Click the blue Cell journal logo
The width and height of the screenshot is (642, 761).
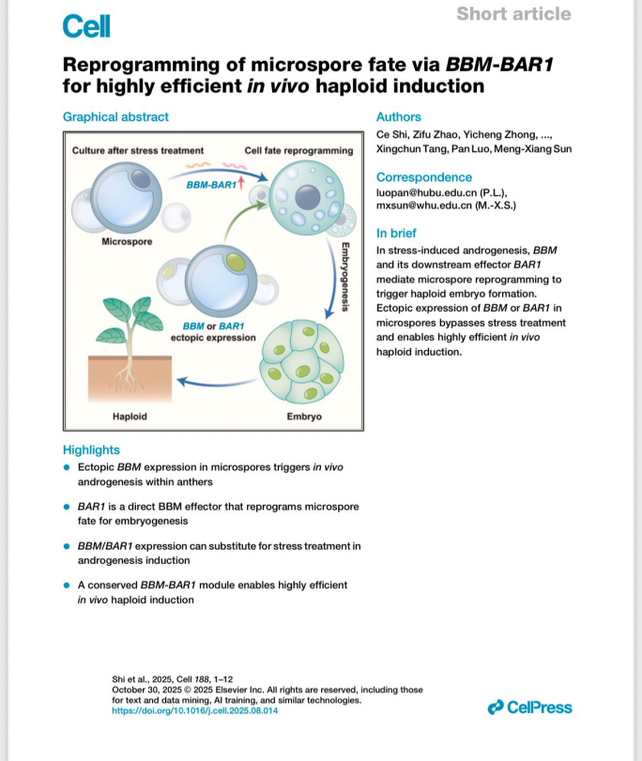click(86, 26)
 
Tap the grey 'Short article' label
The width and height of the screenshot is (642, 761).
click(513, 13)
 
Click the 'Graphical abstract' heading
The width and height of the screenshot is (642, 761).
click(115, 117)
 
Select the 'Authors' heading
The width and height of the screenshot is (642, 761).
click(398, 117)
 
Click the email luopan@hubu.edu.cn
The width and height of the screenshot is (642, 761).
click(426, 192)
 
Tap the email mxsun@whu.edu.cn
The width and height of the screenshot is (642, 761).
click(424, 205)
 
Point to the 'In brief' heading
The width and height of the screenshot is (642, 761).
click(396, 233)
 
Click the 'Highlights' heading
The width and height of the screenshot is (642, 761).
click(91, 449)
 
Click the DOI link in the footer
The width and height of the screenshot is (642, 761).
click(194, 710)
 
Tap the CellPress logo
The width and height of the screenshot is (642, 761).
click(529, 708)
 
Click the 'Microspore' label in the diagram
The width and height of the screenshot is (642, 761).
click(127, 242)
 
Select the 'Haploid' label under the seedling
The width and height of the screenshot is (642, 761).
click(130, 417)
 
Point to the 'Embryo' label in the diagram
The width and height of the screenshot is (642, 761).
click(304, 417)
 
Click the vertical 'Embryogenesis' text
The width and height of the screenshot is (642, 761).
click(344, 277)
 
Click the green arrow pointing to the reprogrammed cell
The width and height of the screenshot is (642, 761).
click(243, 220)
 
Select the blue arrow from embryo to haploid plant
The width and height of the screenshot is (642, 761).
click(217, 383)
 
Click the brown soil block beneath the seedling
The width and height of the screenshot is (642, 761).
click(130, 378)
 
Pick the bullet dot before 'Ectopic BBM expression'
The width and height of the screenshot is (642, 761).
click(67, 467)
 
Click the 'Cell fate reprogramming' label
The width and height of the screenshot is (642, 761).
click(298, 150)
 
